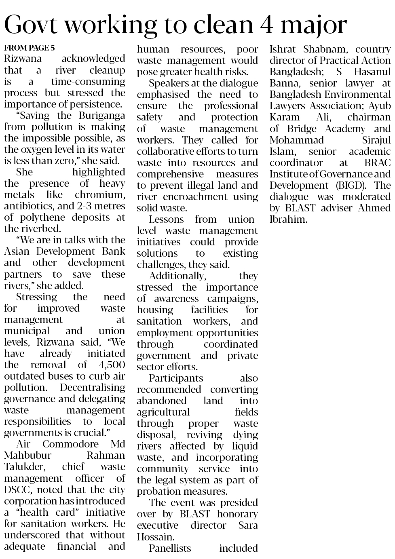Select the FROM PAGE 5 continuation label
(30, 48)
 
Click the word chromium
(105, 195)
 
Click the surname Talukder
(25, 467)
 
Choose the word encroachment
(190, 197)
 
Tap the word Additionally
(177, 276)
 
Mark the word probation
(158, 491)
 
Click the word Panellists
(170, 548)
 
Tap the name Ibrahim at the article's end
(288, 219)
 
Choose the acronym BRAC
(377, 163)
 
